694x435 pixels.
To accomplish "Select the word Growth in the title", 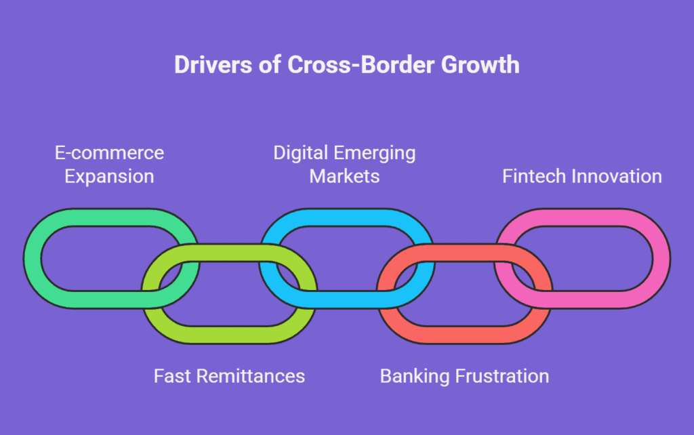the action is (481, 64).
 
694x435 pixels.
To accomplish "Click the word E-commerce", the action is (109, 152).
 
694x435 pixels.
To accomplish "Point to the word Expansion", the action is (109, 177).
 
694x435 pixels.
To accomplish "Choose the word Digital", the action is (300, 154).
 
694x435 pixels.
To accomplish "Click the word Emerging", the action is (374, 154).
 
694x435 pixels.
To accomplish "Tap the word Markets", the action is (344, 176).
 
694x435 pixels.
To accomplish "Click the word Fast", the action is (172, 376).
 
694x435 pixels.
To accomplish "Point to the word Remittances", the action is (251, 376).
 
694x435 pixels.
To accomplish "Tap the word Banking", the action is (415, 377).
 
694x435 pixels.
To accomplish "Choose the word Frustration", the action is (502, 376).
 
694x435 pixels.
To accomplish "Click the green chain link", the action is (33, 258).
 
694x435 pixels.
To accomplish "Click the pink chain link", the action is (661, 258).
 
